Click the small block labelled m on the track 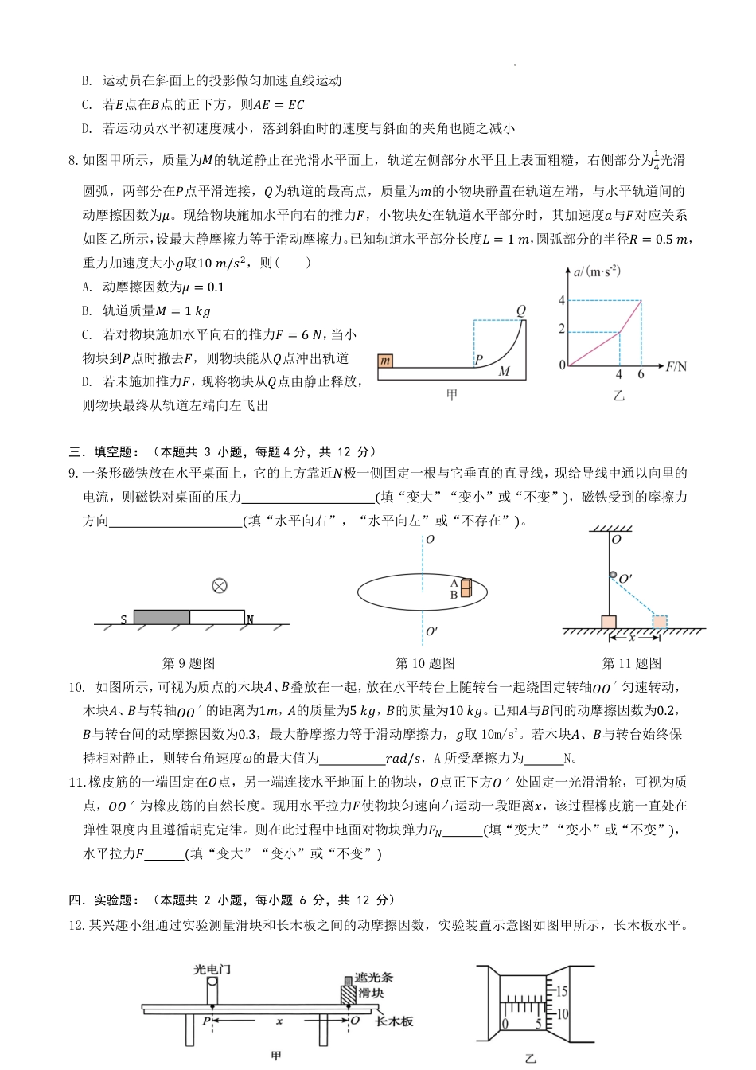pyautogui.click(x=386, y=361)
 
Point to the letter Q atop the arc pyautogui.click(x=521, y=310)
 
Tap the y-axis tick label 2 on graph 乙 pyautogui.click(x=562, y=330)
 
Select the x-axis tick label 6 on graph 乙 pyautogui.click(x=641, y=374)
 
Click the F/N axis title pyautogui.click(x=676, y=366)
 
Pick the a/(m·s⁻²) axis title pyautogui.click(x=597, y=272)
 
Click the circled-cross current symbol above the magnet pyautogui.click(x=220, y=586)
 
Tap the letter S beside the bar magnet pyautogui.click(x=124, y=619)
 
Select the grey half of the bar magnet pyautogui.click(x=162, y=617)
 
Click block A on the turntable pyautogui.click(x=466, y=584)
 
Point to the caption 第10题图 pyautogui.click(x=425, y=663)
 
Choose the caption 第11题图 pyautogui.click(x=632, y=663)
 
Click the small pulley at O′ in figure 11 pyautogui.click(x=613, y=575)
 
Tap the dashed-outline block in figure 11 pyautogui.click(x=660, y=621)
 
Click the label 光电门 pyautogui.click(x=212, y=970)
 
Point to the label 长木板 pyautogui.click(x=394, y=1021)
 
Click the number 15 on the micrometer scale pyautogui.click(x=563, y=992)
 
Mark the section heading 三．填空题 pyautogui.click(x=104, y=451)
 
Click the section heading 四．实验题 pyautogui.click(x=104, y=900)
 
